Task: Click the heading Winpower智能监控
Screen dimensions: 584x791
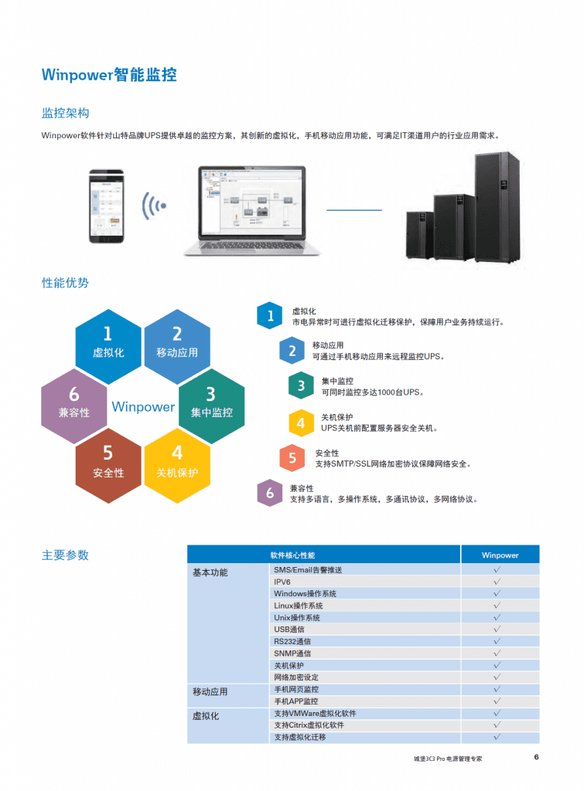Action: click(x=109, y=75)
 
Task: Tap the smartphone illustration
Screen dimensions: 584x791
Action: click(x=107, y=206)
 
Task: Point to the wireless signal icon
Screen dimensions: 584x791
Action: click(x=154, y=205)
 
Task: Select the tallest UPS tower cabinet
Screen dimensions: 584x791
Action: click(x=497, y=207)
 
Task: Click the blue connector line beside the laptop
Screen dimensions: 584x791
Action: click(x=354, y=210)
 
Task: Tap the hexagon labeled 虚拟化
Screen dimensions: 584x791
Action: click(x=108, y=347)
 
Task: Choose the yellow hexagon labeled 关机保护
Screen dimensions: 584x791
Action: click(x=177, y=466)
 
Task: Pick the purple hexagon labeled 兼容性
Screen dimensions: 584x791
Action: click(x=73, y=406)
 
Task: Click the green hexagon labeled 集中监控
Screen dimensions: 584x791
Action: click(x=212, y=406)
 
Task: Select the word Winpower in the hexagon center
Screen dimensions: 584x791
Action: click(x=143, y=406)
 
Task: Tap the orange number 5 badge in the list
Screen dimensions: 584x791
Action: click(x=292, y=458)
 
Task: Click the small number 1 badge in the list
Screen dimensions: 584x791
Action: click(x=270, y=316)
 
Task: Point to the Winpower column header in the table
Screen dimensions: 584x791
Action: click(x=500, y=555)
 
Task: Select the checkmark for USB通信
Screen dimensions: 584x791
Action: click(x=497, y=629)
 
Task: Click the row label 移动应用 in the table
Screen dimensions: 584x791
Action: click(x=210, y=691)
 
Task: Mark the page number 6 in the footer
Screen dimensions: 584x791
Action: click(x=536, y=757)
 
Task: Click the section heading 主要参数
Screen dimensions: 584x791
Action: click(x=65, y=555)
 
